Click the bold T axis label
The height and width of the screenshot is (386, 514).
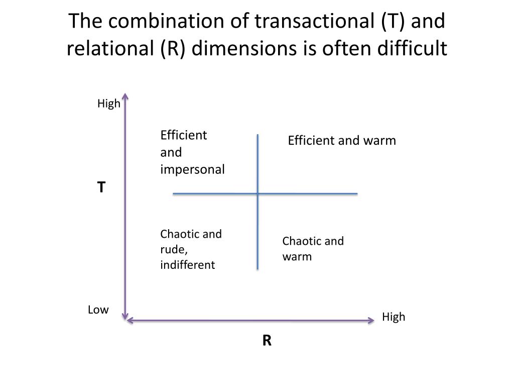click(x=101, y=187)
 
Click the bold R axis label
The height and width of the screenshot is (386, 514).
click(x=267, y=341)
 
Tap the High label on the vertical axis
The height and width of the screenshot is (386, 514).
click(x=109, y=104)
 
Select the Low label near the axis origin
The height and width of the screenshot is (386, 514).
click(x=98, y=310)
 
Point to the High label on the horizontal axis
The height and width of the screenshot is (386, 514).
click(x=394, y=317)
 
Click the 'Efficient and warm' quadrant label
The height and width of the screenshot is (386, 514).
click(x=342, y=140)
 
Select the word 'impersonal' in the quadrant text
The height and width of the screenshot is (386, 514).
click(x=192, y=169)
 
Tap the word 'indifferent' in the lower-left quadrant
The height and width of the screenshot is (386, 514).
click(x=187, y=265)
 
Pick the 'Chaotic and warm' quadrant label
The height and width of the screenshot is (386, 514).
click(x=313, y=249)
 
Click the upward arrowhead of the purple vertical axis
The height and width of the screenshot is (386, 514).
click(x=125, y=95)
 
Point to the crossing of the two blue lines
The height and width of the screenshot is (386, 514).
click(x=258, y=193)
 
